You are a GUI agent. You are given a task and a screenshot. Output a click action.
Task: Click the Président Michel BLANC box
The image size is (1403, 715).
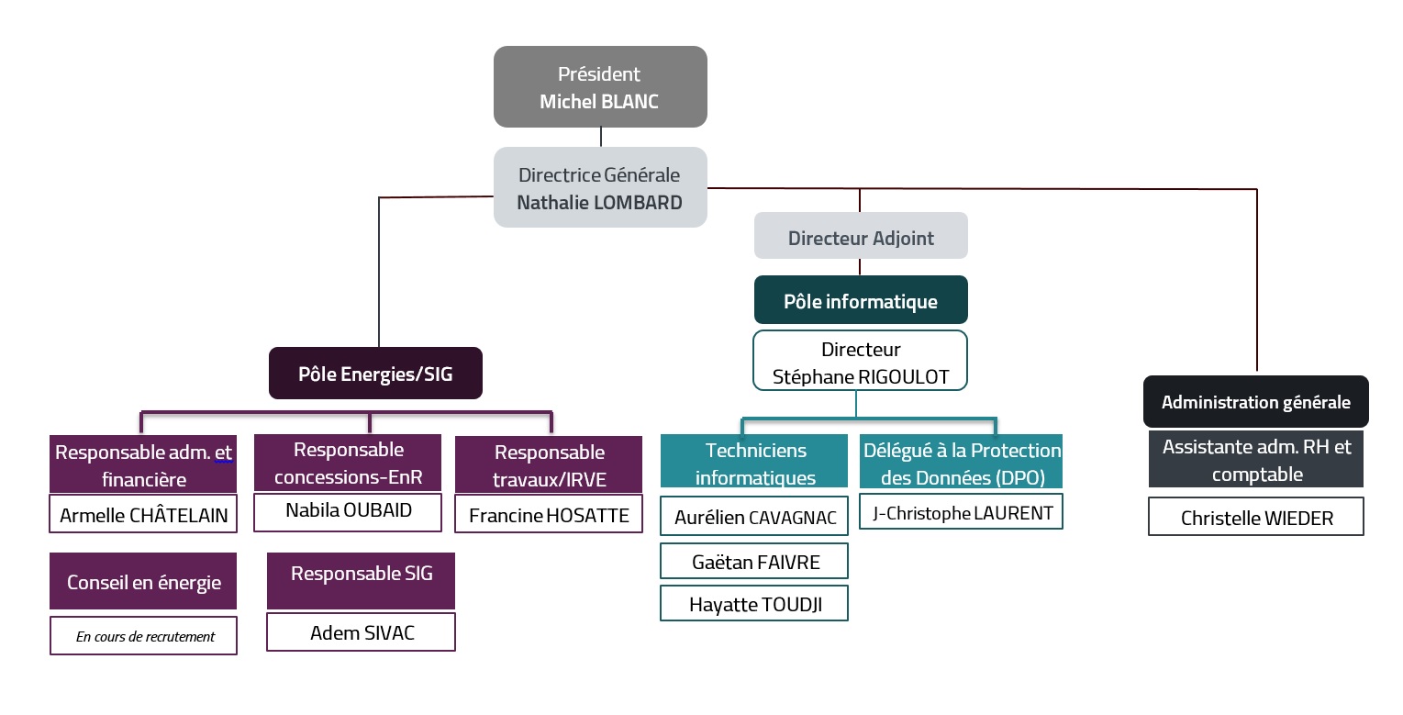pos(600,86)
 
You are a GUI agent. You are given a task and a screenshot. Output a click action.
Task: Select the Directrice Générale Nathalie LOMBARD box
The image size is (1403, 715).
pos(600,187)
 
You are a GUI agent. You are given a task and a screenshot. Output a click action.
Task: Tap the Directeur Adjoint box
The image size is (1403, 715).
pos(861,236)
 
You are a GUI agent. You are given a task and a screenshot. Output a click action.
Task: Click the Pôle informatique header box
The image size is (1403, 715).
pos(861,300)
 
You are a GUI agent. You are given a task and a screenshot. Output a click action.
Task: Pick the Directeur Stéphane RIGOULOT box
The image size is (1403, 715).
pos(860,361)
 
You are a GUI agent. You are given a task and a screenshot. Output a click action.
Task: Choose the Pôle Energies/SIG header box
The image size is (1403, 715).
pos(376,374)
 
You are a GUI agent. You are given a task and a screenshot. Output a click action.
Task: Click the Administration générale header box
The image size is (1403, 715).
pos(1256,402)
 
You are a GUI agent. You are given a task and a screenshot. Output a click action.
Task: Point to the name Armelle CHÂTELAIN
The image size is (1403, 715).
pos(143,515)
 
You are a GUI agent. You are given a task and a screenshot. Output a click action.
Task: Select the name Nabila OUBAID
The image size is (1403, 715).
pos(349,510)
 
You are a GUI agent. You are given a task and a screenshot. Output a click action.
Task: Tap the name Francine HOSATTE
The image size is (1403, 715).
pos(549,515)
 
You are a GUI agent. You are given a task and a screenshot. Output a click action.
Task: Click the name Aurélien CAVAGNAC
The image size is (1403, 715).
pos(755,518)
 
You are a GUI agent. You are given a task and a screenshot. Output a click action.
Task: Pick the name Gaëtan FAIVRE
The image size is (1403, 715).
pos(755,562)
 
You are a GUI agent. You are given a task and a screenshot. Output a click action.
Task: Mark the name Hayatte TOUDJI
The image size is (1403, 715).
pos(755,605)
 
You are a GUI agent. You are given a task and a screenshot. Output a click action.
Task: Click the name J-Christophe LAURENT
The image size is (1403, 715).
pos(963,513)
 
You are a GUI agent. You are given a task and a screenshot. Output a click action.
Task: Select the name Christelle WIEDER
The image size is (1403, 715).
pos(1256,519)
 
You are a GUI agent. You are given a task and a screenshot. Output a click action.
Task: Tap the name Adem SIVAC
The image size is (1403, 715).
pos(362,633)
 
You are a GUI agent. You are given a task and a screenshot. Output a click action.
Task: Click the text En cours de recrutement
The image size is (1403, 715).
pos(145,637)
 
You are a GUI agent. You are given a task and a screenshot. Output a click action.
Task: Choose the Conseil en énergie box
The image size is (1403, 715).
pos(143,581)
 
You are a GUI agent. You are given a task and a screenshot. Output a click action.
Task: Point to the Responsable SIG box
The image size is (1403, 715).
pos(361,581)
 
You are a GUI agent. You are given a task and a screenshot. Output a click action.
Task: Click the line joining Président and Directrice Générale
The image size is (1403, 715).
pos(601,138)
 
